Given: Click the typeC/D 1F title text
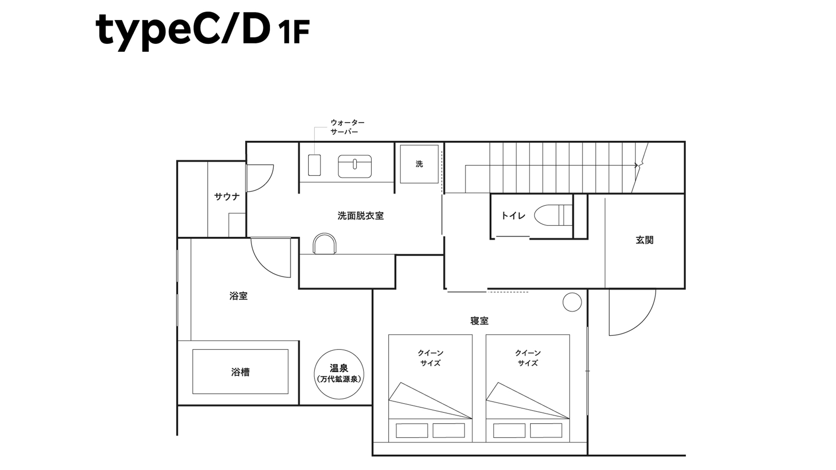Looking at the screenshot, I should pyautogui.click(x=202, y=30).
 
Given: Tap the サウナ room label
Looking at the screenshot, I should pyautogui.click(x=227, y=196).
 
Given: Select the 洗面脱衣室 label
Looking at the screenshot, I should pyautogui.click(x=360, y=216).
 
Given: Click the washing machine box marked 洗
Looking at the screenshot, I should pyautogui.click(x=419, y=164).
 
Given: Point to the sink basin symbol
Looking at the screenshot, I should pyautogui.click(x=354, y=166).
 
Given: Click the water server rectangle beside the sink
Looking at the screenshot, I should pyautogui.click(x=314, y=165).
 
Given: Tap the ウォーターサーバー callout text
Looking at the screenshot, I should pyautogui.click(x=347, y=127).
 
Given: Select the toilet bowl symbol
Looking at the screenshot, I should pyautogui.click(x=552, y=215).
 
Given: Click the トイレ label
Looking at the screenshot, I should pyautogui.click(x=513, y=216).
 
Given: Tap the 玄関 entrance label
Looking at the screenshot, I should pyautogui.click(x=644, y=240).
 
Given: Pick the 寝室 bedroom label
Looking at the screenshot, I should pyautogui.click(x=479, y=321).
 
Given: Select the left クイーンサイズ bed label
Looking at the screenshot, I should pyautogui.click(x=431, y=358).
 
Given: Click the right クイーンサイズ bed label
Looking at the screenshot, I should pyautogui.click(x=528, y=358).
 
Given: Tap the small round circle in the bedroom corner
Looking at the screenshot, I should pyautogui.click(x=572, y=302).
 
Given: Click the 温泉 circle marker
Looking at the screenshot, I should pyautogui.click(x=339, y=374).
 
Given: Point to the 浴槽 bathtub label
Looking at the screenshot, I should pyautogui.click(x=240, y=372).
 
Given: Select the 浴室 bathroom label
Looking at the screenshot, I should pyautogui.click(x=238, y=296).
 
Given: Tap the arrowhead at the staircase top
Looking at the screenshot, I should pyautogui.click(x=637, y=165).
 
